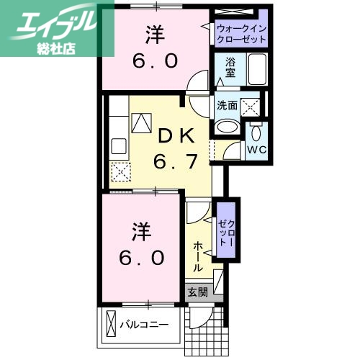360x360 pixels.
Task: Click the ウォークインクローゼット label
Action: (x=240, y=33)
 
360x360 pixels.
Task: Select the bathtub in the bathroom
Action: (x=258, y=71)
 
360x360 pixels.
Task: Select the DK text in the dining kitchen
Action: (x=174, y=135)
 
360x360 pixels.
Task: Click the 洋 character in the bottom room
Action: (x=141, y=233)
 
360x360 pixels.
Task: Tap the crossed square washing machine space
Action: (x=249, y=107)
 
